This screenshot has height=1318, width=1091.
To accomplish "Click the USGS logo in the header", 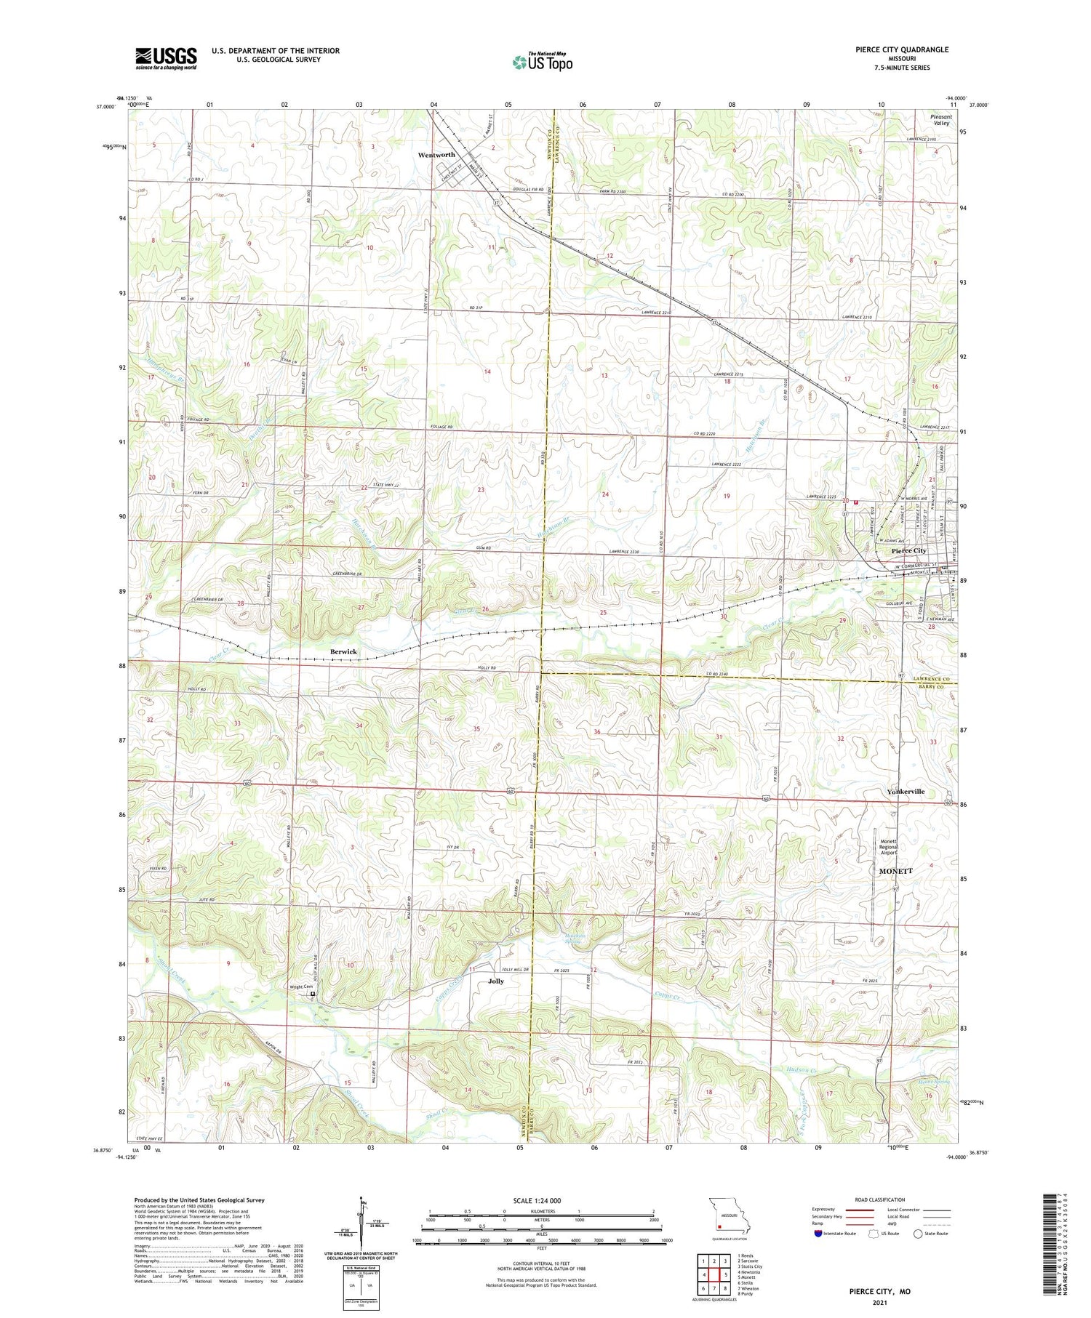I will pos(166,58).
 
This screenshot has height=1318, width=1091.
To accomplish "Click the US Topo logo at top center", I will pos(542,62).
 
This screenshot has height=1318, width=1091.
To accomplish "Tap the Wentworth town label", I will pos(436,155).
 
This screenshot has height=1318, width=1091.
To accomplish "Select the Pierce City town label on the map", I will pos(908,551).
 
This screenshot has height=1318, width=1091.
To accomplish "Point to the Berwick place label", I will pos(343,651).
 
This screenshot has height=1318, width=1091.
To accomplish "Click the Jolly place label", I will pos(495,981).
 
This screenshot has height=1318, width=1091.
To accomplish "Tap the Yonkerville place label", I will pos(906,791).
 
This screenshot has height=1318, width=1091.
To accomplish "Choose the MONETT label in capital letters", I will pos(895,870).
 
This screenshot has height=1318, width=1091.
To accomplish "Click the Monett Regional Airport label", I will pos(888,847).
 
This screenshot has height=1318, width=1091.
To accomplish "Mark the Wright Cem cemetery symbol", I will pos(313,993).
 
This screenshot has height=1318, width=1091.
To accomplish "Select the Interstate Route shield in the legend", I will pos(818,1234).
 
